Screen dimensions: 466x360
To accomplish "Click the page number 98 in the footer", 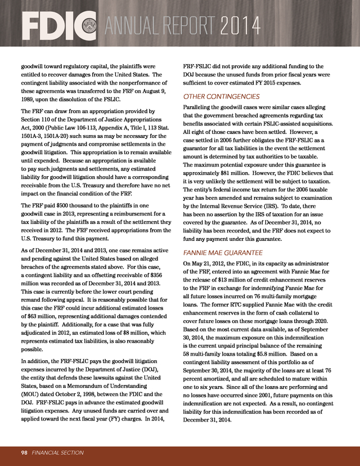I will (x=25, y=452).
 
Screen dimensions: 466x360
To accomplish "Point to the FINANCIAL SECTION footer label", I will (x=58, y=452).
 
